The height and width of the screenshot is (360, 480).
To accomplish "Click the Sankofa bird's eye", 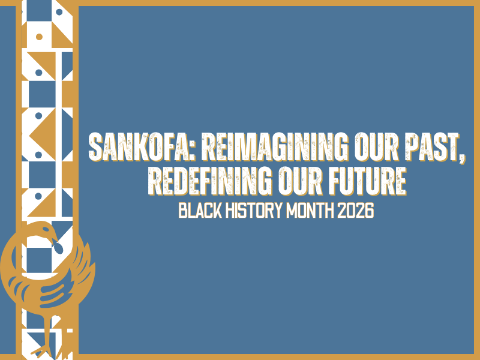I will click(x=44, y=233).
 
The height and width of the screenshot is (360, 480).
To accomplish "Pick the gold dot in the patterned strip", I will click(x=39, y=37).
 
